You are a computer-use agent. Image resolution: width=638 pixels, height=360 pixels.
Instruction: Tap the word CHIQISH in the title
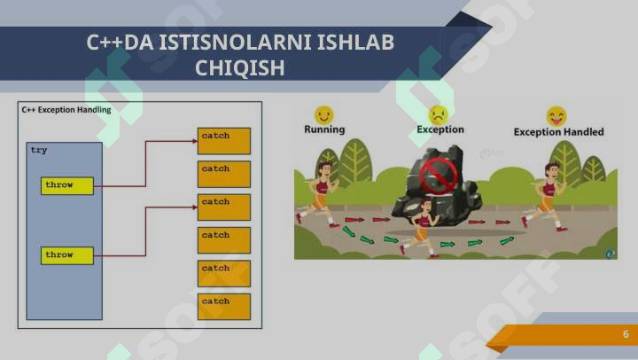point(239,68)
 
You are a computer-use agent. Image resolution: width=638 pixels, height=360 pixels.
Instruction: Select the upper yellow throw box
point(67,185)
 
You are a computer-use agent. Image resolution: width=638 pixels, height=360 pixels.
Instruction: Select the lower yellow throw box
point(67,255)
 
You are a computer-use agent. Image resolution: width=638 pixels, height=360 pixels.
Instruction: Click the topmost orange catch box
point(224,141)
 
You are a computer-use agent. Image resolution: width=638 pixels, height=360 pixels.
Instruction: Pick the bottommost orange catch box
point(224,307)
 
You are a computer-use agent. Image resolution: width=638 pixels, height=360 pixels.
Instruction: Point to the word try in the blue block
point(39,150)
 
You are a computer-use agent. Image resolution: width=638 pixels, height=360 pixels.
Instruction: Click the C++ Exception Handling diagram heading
point(66,110)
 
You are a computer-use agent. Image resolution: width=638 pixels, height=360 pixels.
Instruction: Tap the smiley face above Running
point(324,115)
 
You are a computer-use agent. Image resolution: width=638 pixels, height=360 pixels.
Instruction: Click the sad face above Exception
point(439,115)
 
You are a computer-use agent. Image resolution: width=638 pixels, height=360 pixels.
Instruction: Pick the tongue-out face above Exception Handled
point(556,116)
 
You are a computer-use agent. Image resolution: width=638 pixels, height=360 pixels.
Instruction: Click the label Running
point(324,129)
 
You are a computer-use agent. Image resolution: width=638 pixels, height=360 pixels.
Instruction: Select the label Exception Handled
point(558,132)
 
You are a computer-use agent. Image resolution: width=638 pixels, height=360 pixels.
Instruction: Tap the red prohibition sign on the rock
point(439,176)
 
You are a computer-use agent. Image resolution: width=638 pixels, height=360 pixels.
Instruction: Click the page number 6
point(626,334)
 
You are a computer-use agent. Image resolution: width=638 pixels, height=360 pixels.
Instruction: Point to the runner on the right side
point(547,197)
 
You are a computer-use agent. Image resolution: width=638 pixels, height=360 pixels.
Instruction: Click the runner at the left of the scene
point(318,194)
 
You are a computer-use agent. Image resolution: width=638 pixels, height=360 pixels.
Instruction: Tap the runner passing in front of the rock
point(421,228)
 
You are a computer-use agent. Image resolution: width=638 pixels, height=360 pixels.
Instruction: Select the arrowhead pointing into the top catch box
point(195,141)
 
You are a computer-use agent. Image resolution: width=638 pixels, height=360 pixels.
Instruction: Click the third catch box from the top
point(224,207)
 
